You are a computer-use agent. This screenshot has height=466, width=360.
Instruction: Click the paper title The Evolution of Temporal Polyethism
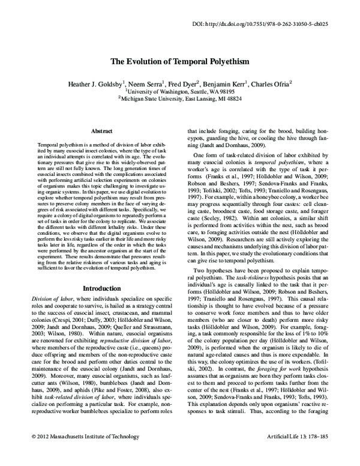(179, 62)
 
